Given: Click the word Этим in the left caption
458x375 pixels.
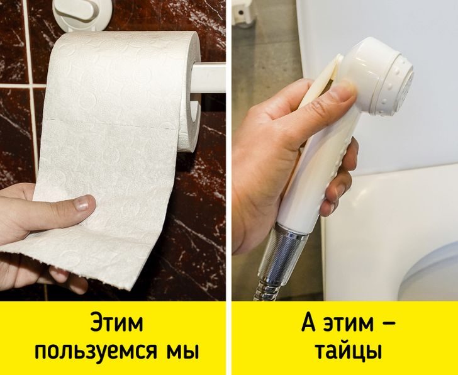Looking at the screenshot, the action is click(x=116, y=322).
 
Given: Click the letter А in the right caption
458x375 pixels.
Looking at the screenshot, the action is click(x=308, y=322).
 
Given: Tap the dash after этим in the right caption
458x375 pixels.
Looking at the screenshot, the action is click(x=388, y=323).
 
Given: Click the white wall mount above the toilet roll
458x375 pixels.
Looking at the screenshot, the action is click(x=82, y=14).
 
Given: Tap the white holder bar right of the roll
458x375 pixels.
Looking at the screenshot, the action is click(x=208, y=78).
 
